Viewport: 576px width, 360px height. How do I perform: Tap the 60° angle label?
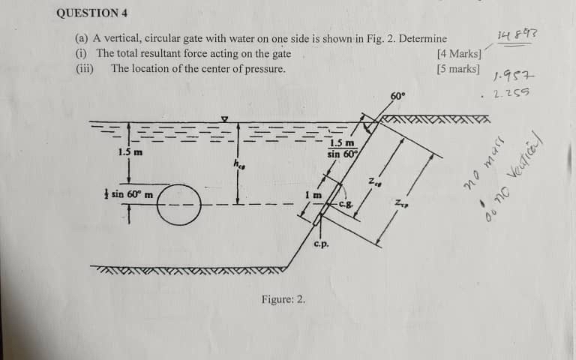(x=397, y=96)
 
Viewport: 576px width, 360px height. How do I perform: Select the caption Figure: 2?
(x=283, y=299)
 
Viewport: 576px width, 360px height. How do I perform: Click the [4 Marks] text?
(x=459, y=54)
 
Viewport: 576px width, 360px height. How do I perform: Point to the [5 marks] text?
(x=457, y=69)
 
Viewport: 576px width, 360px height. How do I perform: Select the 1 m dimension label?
(x=313, y=194)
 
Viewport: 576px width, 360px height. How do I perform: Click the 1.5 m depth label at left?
(x=130, y=152)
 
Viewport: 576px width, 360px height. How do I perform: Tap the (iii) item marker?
(x=84, y=69)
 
